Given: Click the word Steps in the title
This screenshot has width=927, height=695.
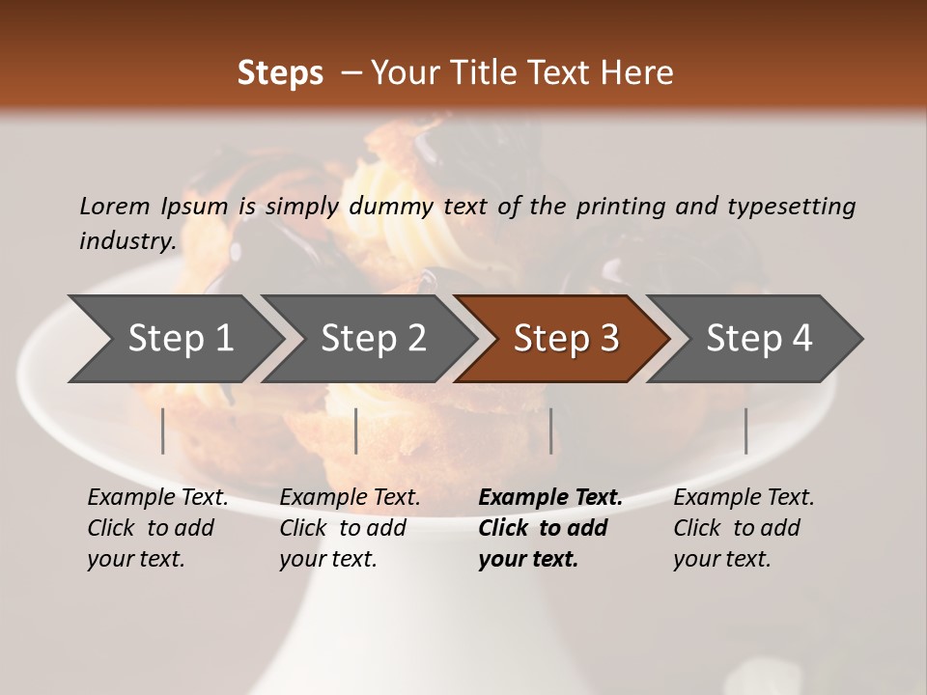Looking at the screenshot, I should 280,73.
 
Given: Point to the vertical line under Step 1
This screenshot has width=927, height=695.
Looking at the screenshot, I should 163,431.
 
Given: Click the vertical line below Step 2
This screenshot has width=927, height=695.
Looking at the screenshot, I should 356,431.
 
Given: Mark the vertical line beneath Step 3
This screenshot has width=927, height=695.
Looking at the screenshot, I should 550,431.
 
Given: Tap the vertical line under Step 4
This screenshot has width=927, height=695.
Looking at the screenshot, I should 745,431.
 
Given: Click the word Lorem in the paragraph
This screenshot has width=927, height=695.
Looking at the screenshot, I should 114,207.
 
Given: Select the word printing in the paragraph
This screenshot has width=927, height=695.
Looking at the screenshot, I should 620,207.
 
